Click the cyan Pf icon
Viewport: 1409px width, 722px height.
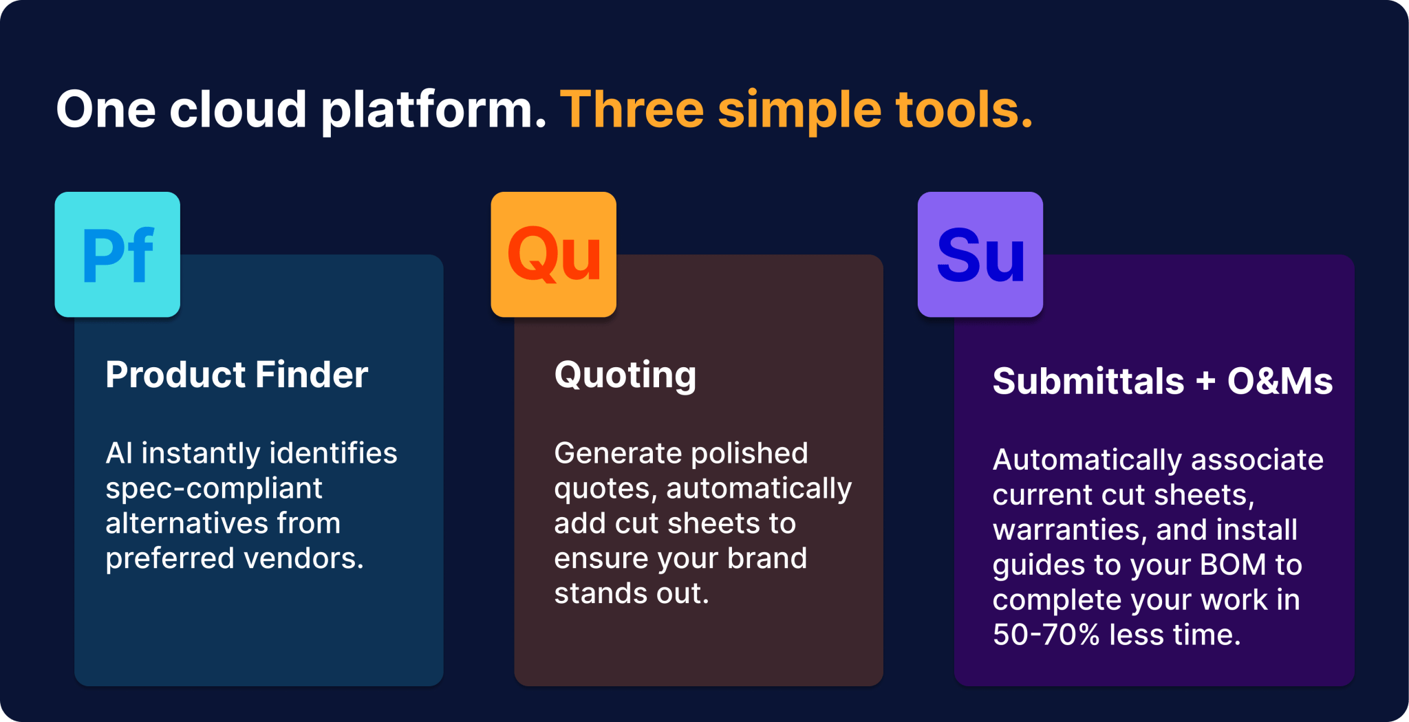tap(118, 254)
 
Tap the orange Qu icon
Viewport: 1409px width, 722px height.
tap(554, 254)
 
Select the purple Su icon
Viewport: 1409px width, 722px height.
tap(980, 254)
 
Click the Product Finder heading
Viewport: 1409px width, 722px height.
tap(237, 375)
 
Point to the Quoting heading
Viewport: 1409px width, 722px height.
tap(625, 376)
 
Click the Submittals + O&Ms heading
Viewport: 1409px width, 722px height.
tap(1163, 381)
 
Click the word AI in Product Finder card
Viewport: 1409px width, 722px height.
tap(119, 453)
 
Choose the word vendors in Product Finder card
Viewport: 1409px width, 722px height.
tap(304, 558)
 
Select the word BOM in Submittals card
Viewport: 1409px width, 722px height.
tap(1233, 565)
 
